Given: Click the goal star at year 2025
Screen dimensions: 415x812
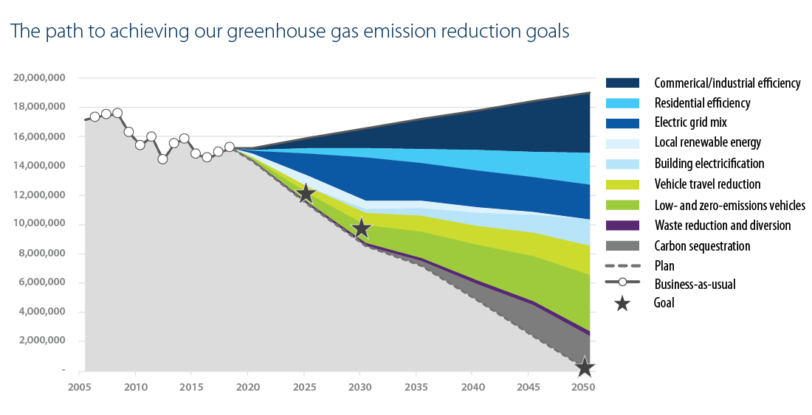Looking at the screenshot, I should click(x=305, y=195).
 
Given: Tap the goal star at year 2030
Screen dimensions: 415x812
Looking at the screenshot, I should click(x=361, y=228).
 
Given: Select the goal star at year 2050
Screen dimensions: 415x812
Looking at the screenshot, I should click(x=585, y=367).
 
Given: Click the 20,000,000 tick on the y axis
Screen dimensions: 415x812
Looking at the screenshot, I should click(x=40, y=77).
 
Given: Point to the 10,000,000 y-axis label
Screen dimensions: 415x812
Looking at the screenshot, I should click(x=40, y=224).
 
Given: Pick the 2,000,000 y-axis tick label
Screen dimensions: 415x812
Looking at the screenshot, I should click(x=43, y=341).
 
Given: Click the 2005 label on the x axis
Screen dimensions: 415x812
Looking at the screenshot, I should click(x=78, y=387).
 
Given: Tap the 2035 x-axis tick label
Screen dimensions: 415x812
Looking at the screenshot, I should click(x=416, y=387).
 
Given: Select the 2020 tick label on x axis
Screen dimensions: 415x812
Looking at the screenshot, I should click(x=247, y=387).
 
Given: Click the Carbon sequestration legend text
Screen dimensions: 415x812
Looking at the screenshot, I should click(x=702, y=246).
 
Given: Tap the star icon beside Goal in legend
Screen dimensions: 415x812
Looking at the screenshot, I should click(x=622, y=302).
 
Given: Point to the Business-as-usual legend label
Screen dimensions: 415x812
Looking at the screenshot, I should click(x=695, y=283).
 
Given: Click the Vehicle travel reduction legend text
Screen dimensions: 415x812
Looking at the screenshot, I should click(x=707, y=184).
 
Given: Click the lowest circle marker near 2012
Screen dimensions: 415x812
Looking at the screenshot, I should click(x=162, y=158).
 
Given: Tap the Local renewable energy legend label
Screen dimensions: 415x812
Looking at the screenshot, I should click(x=707, y=142).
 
